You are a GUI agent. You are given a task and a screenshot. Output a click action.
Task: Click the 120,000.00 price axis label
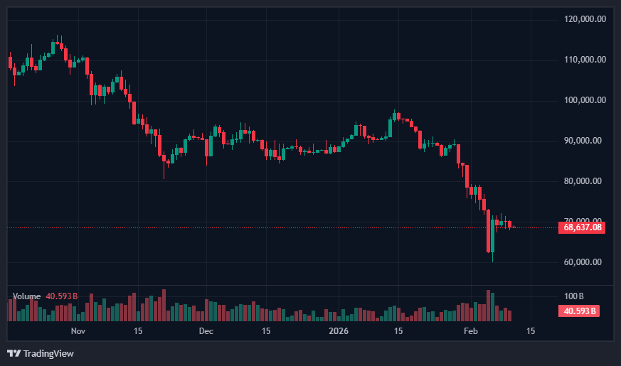(x=584, y=19)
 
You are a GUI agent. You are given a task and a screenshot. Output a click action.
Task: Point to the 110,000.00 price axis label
(x=584, y=60)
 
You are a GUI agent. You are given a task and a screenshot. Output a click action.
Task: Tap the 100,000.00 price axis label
(x=584, y=100)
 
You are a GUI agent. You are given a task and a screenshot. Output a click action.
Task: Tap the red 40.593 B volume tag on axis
(x=580, y=311)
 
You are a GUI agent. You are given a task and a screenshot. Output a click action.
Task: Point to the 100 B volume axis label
(x=573, y=296)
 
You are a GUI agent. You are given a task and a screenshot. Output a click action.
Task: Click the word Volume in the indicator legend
(x=27, y=296)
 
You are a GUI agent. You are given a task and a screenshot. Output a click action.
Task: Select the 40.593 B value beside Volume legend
(x=61, y=296)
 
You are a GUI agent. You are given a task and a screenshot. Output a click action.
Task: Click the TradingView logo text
(x=48, y=353)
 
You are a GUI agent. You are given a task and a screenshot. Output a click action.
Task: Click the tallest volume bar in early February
(x=488, y=306)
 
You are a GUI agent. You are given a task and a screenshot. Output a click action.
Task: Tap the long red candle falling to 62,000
(x=488, y=231)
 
